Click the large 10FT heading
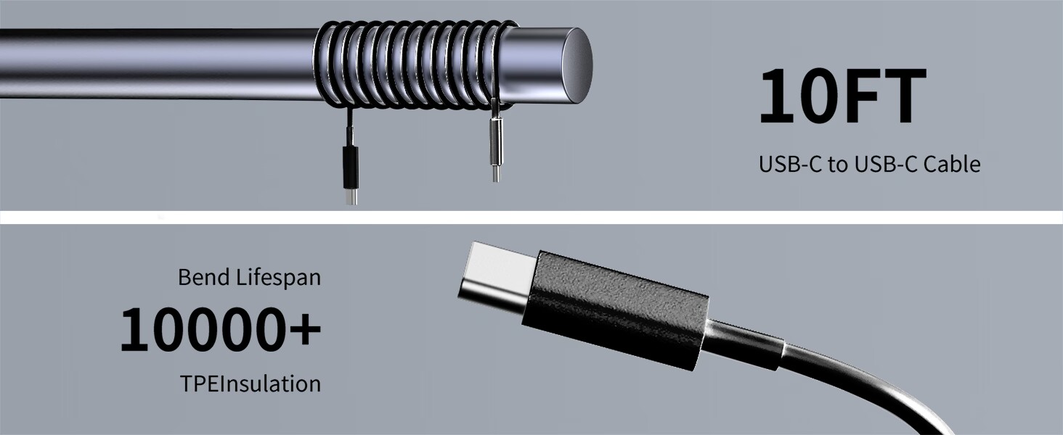(843, 96)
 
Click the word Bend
(205, 277)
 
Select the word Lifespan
(279, 278)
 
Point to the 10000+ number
(221, 329)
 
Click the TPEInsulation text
(251, 384)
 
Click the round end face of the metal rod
(577, 65)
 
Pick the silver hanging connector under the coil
(495, 141)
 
